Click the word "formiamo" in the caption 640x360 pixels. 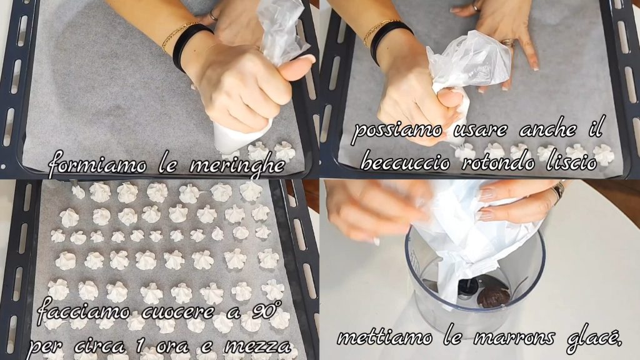pos(97,163)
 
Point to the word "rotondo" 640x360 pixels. pos(498,162)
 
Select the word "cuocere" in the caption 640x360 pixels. pos(177,312)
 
